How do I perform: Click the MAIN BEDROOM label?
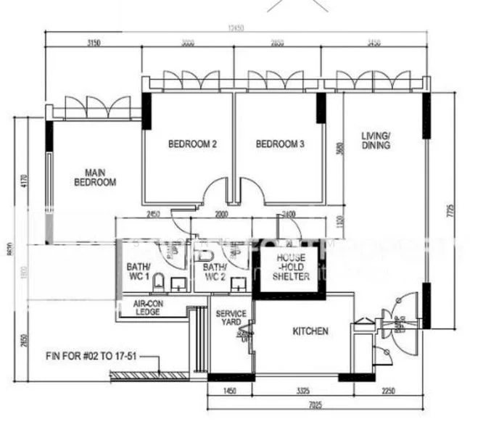point(95,178)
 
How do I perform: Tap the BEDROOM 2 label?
point(192,144)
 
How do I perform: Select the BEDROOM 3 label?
point(280,144)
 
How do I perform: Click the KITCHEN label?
point(310,331)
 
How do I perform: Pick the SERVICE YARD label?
point(231,318)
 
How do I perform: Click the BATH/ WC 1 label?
point(138,271)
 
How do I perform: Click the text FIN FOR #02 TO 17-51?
point(91,357)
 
